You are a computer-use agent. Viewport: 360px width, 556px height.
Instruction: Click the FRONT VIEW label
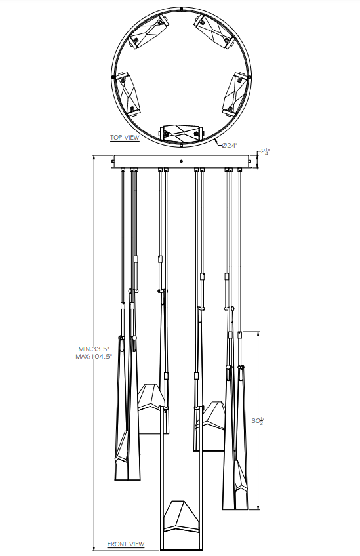tap(126, 544)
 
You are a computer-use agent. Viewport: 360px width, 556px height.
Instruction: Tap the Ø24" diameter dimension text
tap(229, 145)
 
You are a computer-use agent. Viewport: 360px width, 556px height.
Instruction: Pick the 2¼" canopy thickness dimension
tap(264, 152)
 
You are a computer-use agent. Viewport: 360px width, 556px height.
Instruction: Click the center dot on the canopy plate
tap(182, 160)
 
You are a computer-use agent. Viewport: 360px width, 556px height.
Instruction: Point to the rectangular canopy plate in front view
tap(182, 161)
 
